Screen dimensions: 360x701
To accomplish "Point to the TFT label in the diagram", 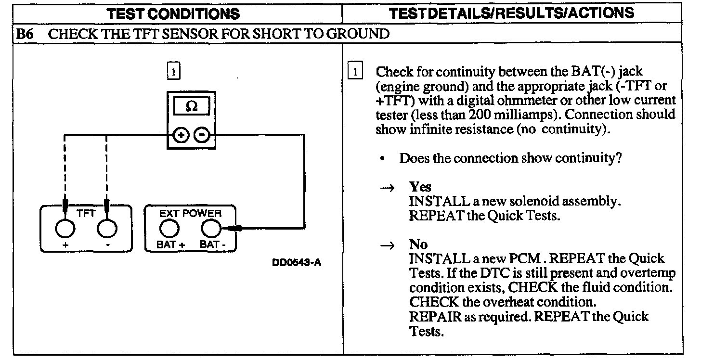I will click(x=86, y=213).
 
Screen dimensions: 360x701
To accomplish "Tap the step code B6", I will click(x=24, y=34).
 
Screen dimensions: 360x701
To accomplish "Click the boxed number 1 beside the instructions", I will click(x=355, y=72).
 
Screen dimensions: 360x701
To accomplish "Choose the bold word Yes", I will click(x=420, y=187).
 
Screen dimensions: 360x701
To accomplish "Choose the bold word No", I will click(x=418, y=244).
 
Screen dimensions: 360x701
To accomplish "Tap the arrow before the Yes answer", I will click(x=388, y=188).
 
